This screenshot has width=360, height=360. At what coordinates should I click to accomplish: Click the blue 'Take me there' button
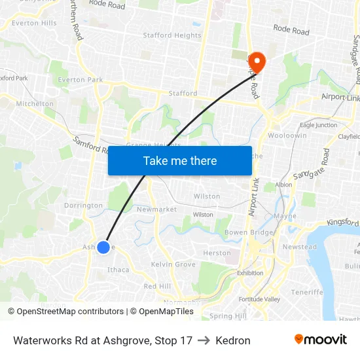[180, 160]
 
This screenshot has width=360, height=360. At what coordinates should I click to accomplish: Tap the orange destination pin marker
[257, 62]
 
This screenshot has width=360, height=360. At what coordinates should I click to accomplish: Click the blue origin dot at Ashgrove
[103, 247]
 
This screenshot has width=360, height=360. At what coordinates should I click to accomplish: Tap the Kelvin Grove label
[173, 264]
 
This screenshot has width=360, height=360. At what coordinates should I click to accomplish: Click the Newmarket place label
[156, 209]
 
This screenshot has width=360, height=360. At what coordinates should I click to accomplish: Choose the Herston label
[217, 253]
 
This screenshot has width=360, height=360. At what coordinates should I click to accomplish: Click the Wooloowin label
[287, 135]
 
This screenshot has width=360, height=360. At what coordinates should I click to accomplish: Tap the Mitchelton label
[35, 103]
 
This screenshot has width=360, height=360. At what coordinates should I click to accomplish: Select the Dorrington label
[83, 206]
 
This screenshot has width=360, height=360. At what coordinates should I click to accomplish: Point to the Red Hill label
[157, 286]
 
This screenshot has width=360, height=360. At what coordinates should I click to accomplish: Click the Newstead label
[299, 247]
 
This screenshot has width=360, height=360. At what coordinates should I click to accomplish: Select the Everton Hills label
[34, 23]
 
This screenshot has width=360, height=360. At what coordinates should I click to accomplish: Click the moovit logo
[320, 339]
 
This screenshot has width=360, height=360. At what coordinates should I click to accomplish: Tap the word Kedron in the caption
[233, 340]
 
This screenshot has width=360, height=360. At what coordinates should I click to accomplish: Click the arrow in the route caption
[204, 340]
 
